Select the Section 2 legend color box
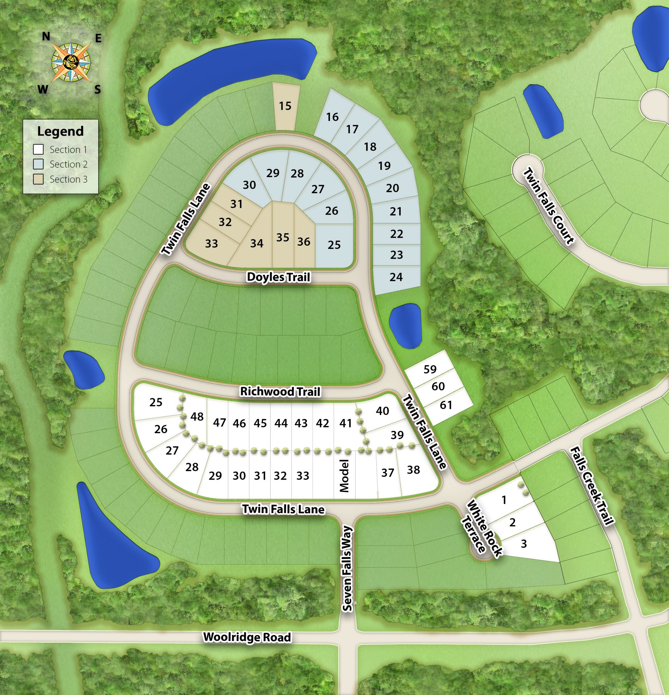[x=38, y=164]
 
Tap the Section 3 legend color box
[x=38, y=179]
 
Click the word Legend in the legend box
[x=60, y=131]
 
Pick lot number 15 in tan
[x=285, y=106]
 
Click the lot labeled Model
[x=344, y=475]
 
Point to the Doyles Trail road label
[x=278, y=277]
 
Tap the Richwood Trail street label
[x=280, y=391]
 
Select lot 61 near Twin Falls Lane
[x=446, y=405]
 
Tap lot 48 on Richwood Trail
[x=197, y=416]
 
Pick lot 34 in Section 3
[x=257, y=243]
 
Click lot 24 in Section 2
[x=396, y=277]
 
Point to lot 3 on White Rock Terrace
[x=524, y=544]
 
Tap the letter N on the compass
[x=46, y=37]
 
